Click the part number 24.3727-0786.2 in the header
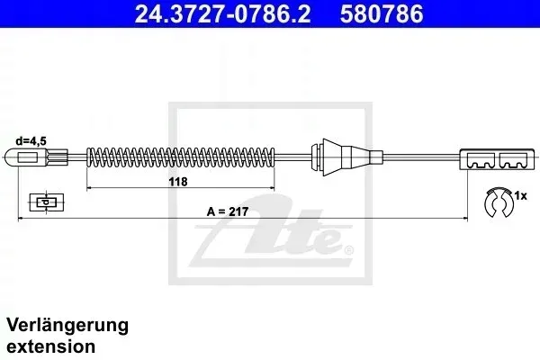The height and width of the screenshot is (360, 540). tap(222, 13)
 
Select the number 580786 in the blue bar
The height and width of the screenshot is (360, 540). tap(382, 13)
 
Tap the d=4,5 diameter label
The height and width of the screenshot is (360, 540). tap(31, 141)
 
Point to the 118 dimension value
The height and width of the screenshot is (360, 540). tap(178, 182)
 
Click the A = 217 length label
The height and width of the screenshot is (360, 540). tap(228, 211)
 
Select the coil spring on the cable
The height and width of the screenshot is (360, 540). tap(181, 157)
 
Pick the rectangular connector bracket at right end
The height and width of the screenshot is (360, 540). tap(498, 159)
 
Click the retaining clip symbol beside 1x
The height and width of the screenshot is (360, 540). tap(499, 202)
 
